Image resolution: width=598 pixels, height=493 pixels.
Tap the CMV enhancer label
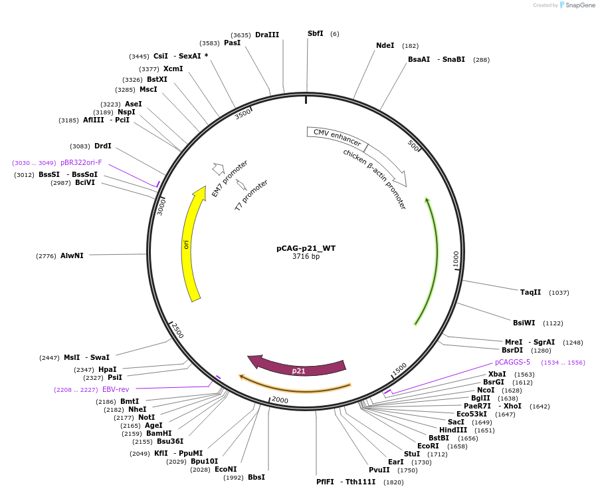[337, 138]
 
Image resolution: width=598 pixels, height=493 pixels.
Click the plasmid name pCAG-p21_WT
[306, 248]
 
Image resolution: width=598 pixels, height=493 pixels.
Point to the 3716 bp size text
[306, 257]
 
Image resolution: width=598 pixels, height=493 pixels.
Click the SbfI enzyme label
[315, 33]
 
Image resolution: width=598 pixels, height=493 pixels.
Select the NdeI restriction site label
[385, 46]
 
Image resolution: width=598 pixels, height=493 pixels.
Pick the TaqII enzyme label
[530, 292]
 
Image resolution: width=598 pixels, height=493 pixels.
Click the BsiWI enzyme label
[524, 323]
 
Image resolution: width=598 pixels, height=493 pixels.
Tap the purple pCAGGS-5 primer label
[512, 363]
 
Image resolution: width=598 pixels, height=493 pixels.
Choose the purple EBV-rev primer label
[116, 389]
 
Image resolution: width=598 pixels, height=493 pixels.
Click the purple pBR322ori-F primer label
[81, 162]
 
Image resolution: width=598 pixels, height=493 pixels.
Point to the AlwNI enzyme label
[72, 255]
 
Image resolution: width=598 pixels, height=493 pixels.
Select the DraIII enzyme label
[267, 35]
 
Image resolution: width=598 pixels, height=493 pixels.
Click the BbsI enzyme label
[256, 477]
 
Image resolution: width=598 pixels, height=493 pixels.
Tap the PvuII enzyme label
[379, 470]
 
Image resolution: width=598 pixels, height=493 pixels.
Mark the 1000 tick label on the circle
[456, 259]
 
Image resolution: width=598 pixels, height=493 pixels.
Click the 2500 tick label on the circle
[177, 330]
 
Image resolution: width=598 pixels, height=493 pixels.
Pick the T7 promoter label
[252, 195]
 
